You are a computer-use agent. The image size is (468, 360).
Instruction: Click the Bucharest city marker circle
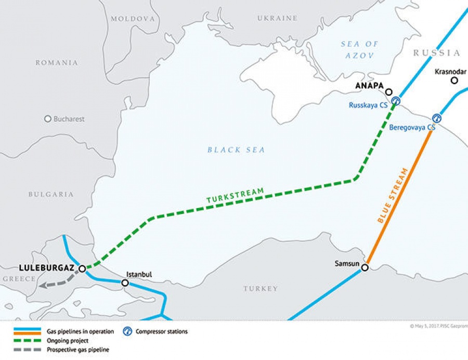click(48, 119)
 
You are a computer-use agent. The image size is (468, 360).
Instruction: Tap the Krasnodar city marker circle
click(454, 80)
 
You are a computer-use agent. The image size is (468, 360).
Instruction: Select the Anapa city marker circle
click(389, 92)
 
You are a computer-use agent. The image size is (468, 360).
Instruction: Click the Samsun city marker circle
click(365, 268)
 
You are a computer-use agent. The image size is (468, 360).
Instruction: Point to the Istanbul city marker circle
click(125, 283)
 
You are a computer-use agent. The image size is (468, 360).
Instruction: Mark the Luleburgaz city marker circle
click(82, 268)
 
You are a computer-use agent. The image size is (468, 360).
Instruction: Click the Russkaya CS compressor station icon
click(396, 101)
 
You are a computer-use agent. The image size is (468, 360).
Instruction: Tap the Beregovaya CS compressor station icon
click(436, 118)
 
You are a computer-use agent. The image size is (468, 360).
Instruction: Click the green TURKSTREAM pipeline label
click(235, 195)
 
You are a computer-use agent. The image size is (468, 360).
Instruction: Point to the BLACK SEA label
click(236, 150)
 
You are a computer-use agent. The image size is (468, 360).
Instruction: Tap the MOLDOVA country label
click(133, 18)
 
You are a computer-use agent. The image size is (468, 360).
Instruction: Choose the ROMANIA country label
click(57, 62)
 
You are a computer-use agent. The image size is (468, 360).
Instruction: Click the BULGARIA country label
click(51, 194)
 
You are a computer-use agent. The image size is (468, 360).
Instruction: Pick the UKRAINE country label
click(277, 18)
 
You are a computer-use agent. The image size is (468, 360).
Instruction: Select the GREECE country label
click(19, 279)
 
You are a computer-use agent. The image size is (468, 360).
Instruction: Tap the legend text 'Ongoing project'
click(68, 340)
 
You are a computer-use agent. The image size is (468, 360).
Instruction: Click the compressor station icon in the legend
click(127, 331)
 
